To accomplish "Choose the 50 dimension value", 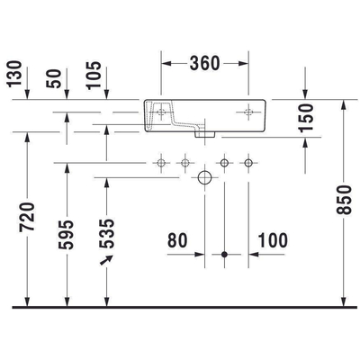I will (x=60, y=77).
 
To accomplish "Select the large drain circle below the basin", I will (x=204, y=177).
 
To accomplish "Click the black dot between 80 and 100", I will (x=224, y=255).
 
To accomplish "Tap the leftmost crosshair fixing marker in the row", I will (x=160, y=163).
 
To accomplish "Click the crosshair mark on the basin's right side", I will (x=248, y=112).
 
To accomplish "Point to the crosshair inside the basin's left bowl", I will (x=162, y=112).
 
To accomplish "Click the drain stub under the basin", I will (x=204, y=134).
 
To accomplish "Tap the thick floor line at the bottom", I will (x=180, y=308).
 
